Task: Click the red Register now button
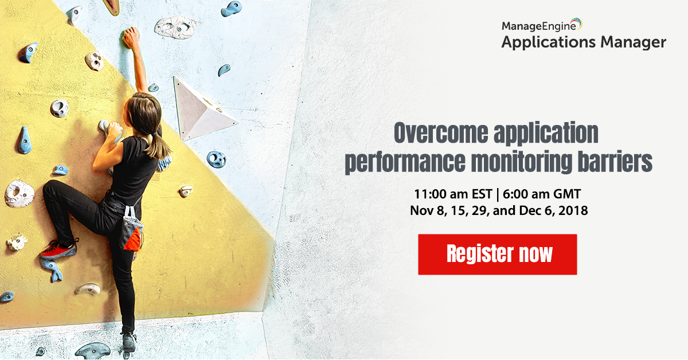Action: [497, 255]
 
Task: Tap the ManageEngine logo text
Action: [539, 26]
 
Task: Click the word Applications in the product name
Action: [549, 42]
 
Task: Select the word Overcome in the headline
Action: [441, 132]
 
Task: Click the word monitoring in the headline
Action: [522, 162]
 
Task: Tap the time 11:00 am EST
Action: [453, 194]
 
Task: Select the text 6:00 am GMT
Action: [542, 194]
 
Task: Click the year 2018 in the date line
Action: [573, 211]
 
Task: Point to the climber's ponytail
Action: [158, 144]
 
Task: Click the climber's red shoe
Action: [58, 250]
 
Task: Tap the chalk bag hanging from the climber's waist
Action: [131, 230]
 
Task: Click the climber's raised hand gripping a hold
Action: [131, 37]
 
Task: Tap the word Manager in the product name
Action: [633, 42]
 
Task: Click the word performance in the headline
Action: [405, 162]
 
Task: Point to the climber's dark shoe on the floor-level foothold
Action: [129, 342]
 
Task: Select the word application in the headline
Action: [546, 134]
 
